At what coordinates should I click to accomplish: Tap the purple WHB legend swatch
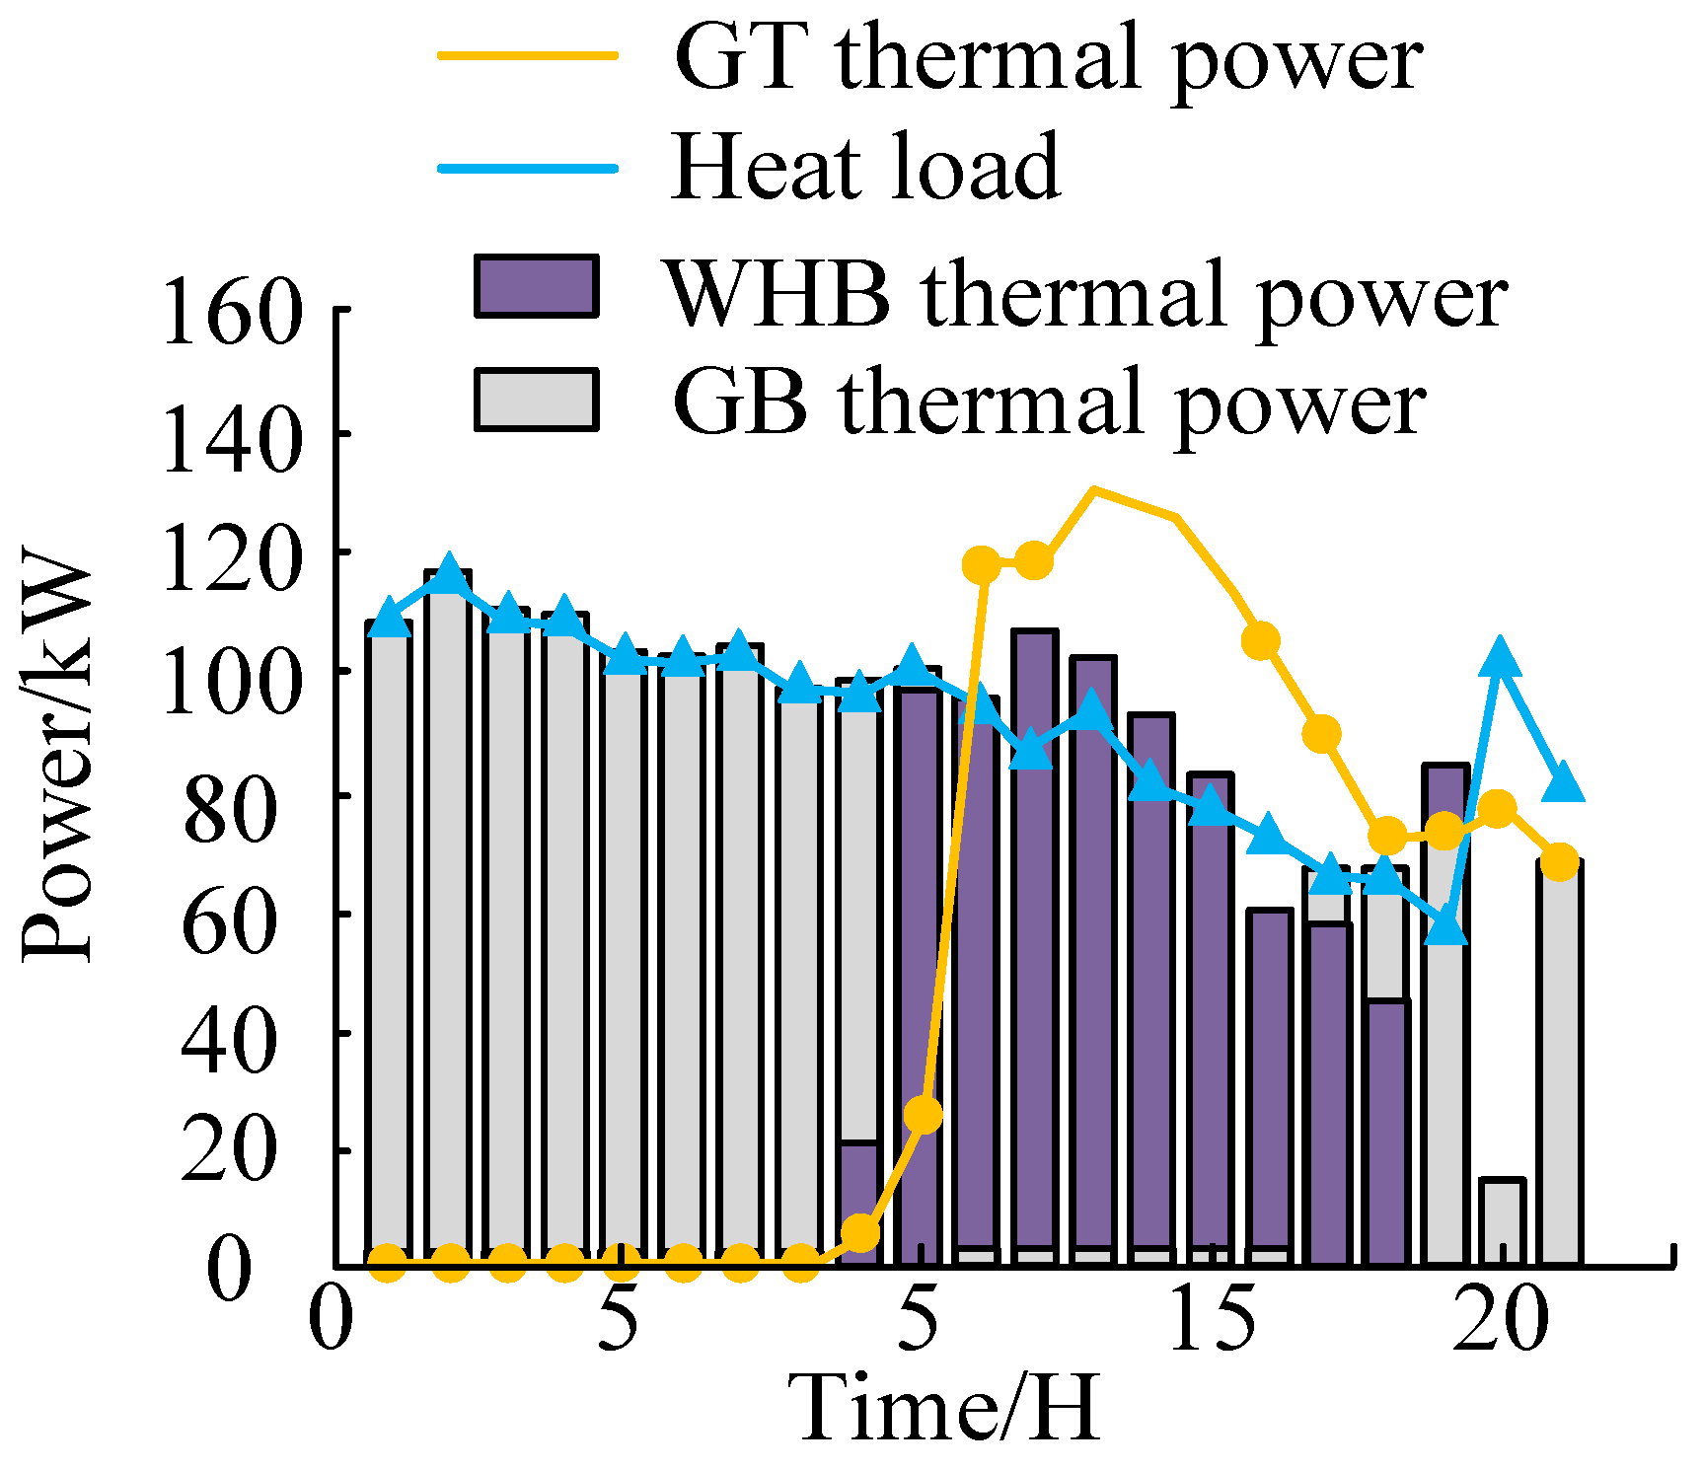[x=537, y=286]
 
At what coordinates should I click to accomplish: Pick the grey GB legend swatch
[x=537, y=400]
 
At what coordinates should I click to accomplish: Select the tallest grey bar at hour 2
[x=448, y=918]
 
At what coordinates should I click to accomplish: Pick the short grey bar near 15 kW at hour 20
[x=1502, y=1221]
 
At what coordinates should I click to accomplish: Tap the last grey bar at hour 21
[x=1560, y=1061]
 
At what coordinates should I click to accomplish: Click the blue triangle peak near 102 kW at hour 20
[x=1501, y=657]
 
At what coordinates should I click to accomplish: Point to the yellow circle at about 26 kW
[x=923, y=1115]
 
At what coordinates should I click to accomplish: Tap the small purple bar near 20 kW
[x=859, y=1204]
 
